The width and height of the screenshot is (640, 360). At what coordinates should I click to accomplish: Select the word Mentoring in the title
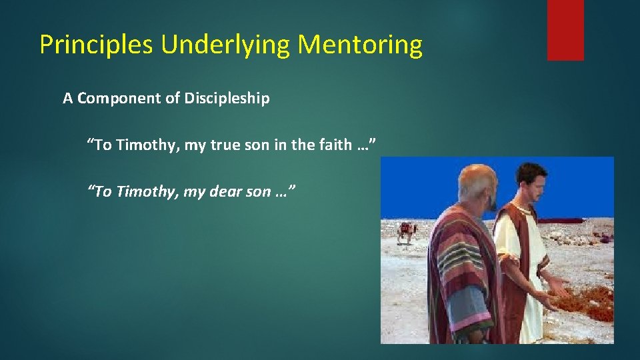pos(360,45)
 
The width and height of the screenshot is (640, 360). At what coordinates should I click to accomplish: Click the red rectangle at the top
pos(565,29)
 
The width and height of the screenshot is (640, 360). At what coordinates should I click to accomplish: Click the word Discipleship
pos(227,99)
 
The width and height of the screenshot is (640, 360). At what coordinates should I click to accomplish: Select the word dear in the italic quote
pos(225,192)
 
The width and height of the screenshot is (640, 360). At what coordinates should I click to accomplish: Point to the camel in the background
pos(406,232)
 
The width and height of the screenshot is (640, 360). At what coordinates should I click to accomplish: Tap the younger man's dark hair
pos(531,174)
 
